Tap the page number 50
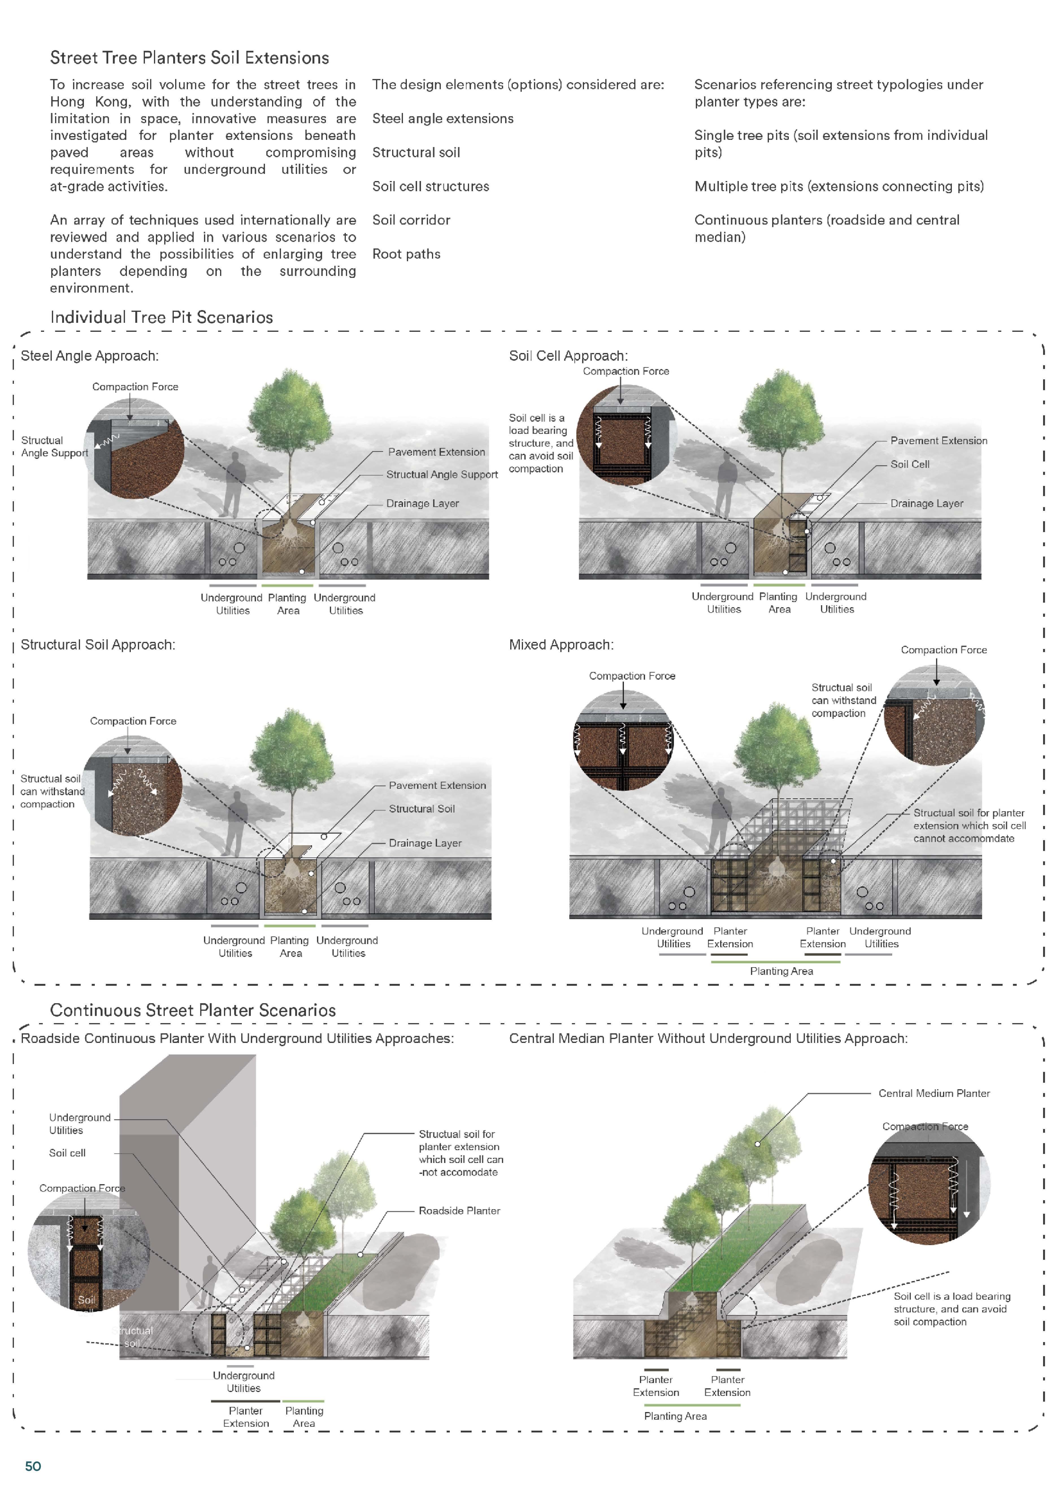(x=33, y=1466)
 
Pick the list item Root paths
(x=406, y=254)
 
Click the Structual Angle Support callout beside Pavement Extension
(x=442, y=474)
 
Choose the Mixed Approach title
(x=561, y=645)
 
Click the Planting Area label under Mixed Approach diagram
(x=781, y=971)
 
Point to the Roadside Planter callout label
(x=459, y=1210)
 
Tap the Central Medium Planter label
(x=934, y=1093)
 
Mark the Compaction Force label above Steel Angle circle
(x=135, y=386)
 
